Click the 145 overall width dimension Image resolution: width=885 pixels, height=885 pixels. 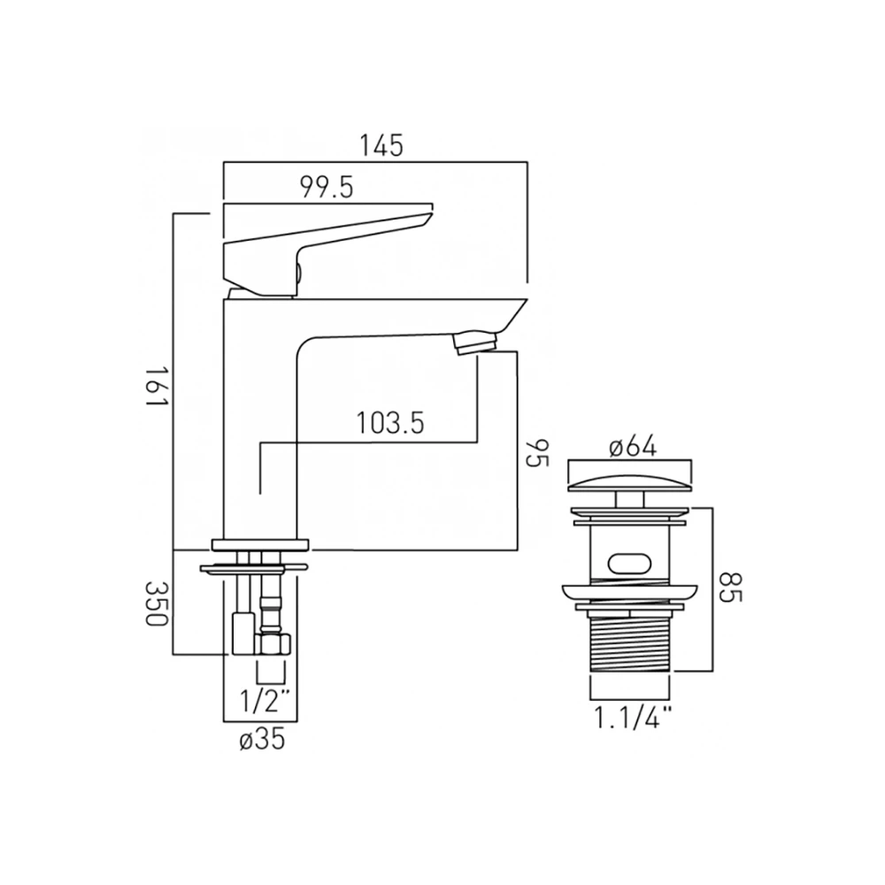381,144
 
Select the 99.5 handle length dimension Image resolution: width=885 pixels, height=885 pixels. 327,187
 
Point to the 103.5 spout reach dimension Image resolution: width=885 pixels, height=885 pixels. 389,422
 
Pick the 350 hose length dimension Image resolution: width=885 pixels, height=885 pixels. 158,604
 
